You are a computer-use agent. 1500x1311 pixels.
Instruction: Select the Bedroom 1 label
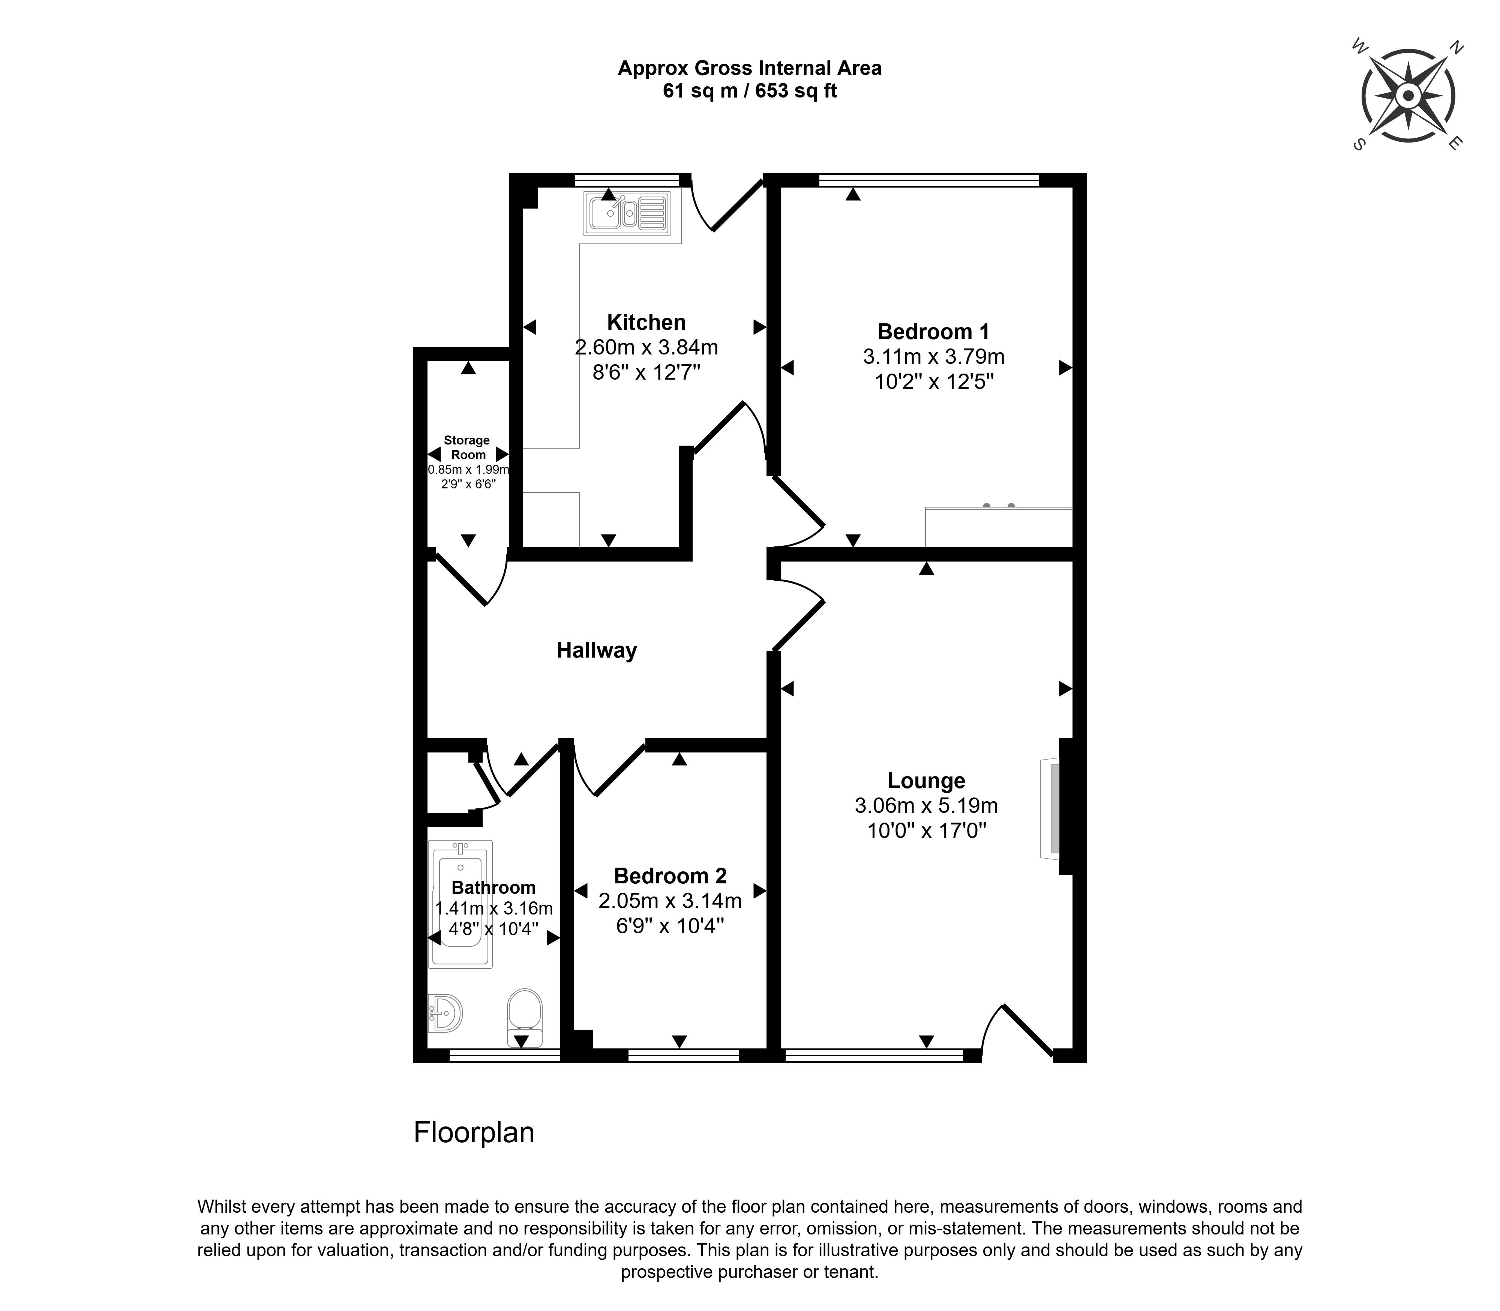tap(933, 332)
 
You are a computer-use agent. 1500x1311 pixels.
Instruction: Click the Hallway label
tap(597, 650)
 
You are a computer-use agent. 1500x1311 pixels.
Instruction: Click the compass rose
tap(1407, 96)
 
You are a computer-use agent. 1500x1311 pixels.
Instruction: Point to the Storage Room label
tap(467, 447)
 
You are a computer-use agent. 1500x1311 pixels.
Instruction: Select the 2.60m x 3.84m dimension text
tap(646, 347)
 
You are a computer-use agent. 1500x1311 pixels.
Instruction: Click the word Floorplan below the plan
tap(474, 1132)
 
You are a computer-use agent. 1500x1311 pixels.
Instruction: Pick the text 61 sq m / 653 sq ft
tap(750, 91)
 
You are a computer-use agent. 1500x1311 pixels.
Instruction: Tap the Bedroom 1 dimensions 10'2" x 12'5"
tap(934, 382)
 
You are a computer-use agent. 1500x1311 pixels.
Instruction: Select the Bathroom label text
tap(493, 888)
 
